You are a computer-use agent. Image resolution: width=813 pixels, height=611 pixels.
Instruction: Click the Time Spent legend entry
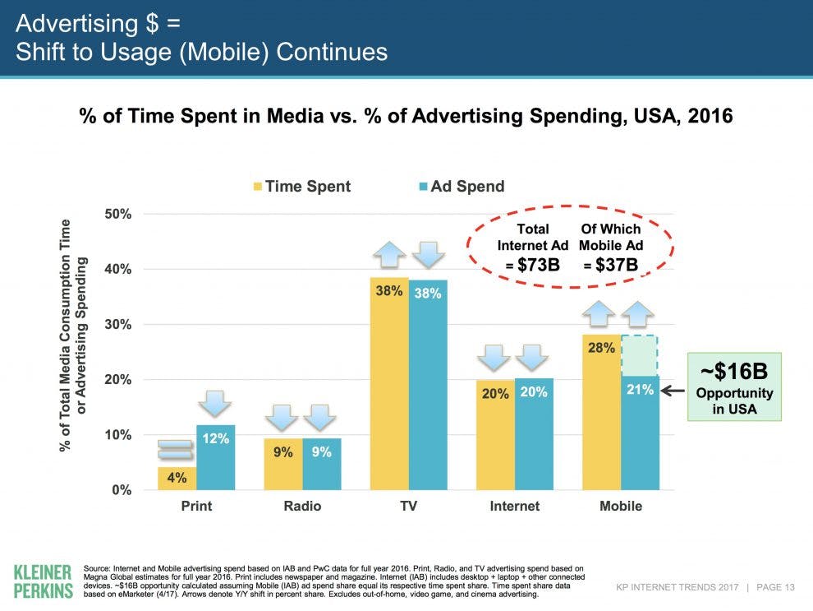301,187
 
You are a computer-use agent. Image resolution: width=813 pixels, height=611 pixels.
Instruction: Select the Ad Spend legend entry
459,187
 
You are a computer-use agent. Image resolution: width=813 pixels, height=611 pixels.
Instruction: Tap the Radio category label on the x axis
302,506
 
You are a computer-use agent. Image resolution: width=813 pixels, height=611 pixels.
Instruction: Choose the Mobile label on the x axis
621,506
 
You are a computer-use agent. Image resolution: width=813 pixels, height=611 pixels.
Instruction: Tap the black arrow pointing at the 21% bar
672,391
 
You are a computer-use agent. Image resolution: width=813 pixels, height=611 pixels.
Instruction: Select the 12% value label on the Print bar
216,440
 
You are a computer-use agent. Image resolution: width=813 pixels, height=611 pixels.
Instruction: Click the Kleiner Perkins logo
44,581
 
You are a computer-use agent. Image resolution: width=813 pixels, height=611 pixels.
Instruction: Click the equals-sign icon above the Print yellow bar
177,449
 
